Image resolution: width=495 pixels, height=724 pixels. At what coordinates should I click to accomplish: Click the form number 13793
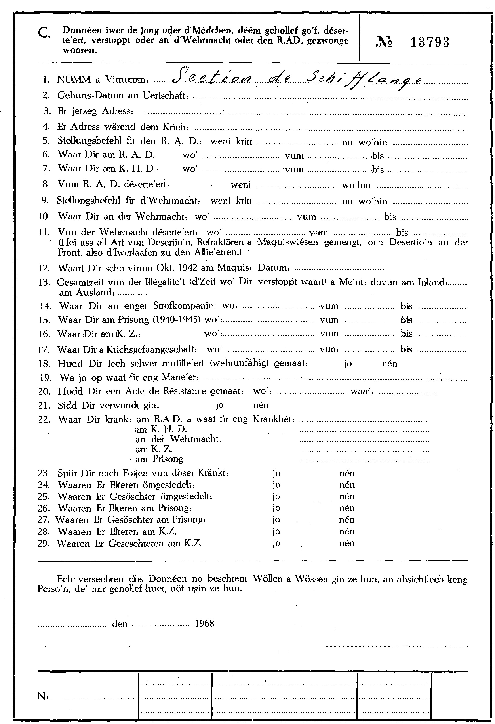click(x=430, y=42)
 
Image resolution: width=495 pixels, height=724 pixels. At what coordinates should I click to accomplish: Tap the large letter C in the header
click(x=43, y=32)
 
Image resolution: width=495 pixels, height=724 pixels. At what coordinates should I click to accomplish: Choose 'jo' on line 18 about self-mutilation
click(x=348, y=364)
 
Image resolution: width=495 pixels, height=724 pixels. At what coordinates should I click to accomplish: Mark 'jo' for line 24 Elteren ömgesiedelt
click(x=276, y=485)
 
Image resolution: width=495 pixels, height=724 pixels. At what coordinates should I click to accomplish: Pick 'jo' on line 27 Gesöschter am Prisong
click(x=276, y=520)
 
